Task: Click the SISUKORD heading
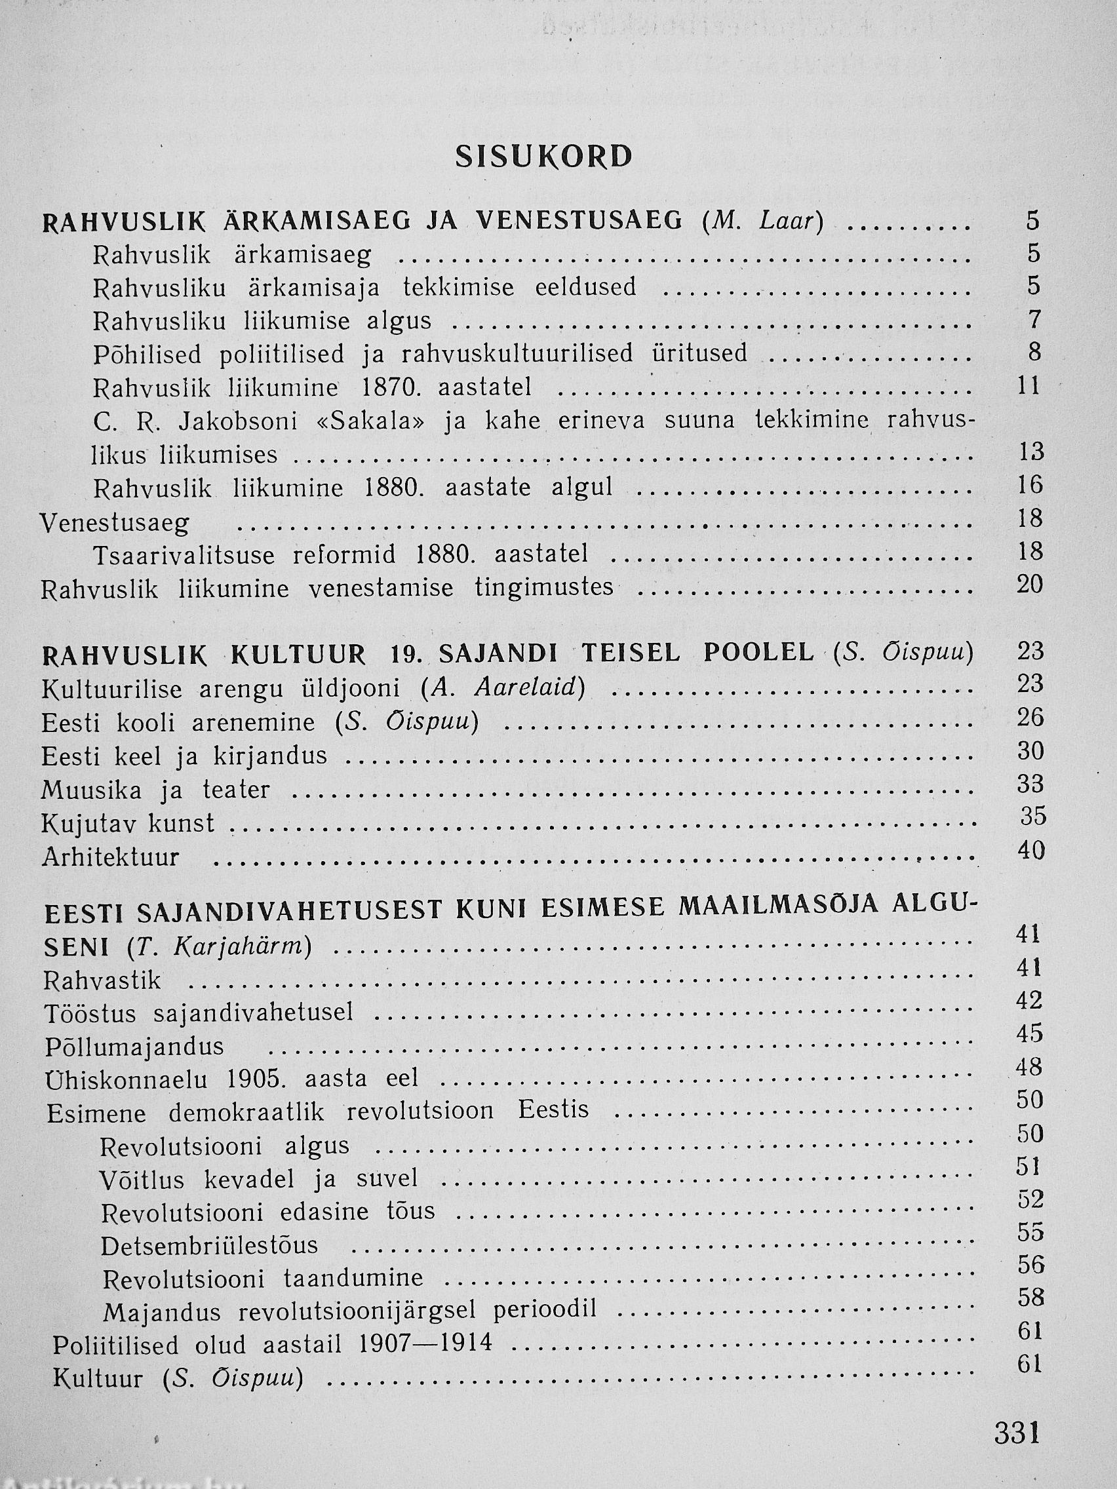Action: [544, 157]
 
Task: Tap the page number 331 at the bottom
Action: [1017, 1430]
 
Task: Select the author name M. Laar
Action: [762, 222]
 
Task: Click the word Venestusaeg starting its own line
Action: [115, 524]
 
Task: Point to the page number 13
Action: [1031, 451]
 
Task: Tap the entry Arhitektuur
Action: [110, 858]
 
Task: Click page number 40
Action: [1031, 850]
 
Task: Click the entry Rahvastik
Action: [102, 981]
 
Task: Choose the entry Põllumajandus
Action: [134, 1047]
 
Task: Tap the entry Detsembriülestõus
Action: [209, 1246]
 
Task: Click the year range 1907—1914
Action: [425, 1344]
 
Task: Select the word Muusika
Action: [92, 790]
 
